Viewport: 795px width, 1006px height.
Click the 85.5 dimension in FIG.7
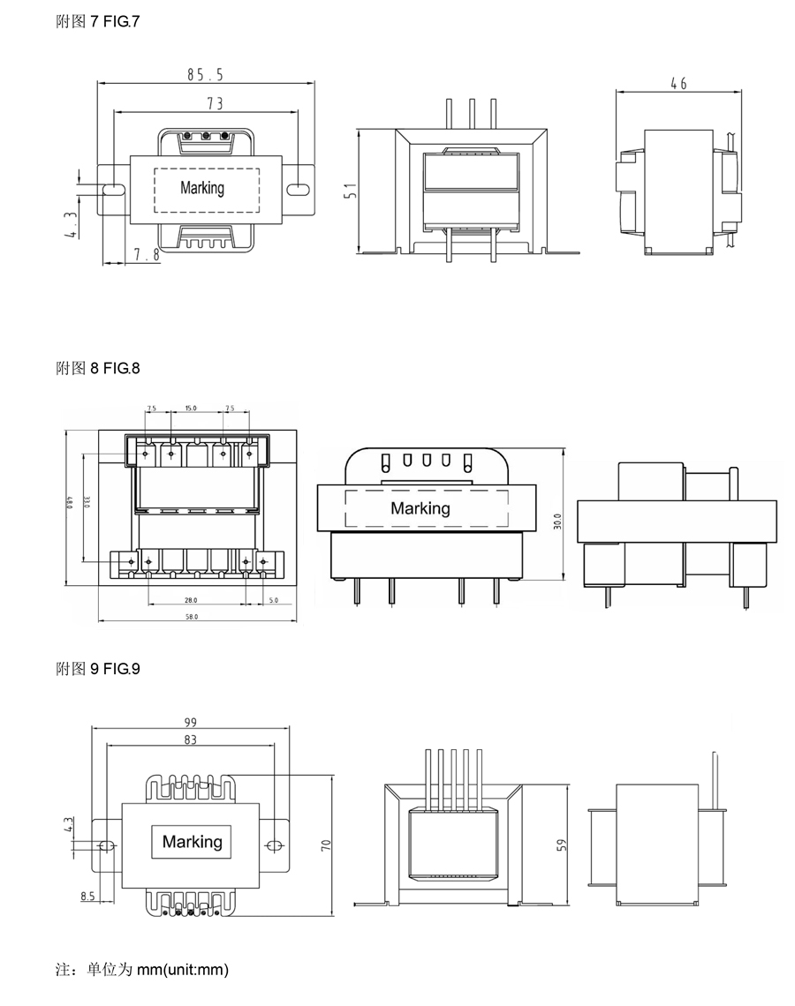click(205, 75)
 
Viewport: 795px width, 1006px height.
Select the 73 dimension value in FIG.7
click(214, 104)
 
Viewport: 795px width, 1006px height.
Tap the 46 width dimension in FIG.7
click(678, 84)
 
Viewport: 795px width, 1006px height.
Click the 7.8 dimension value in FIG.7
click(146, 255)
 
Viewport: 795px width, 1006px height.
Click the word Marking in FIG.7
click(202, 188)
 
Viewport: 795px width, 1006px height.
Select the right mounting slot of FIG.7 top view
click(299, 189)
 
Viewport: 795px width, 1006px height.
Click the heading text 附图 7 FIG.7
click(98, 20)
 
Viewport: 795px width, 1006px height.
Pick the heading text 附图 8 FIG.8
click(98, 368)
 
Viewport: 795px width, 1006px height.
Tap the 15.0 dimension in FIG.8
click(190, 409)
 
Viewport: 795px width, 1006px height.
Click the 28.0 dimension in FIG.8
click(190, 599)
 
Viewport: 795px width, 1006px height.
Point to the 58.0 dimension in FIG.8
click(192, 616)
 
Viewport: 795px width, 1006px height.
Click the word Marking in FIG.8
click(420, 508)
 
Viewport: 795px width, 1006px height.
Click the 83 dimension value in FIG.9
click(191, 739)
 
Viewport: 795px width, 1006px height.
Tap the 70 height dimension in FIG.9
click(326, 845)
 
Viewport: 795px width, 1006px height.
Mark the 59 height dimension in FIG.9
click(562, 845)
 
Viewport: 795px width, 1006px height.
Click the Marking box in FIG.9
click(193, 842)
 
